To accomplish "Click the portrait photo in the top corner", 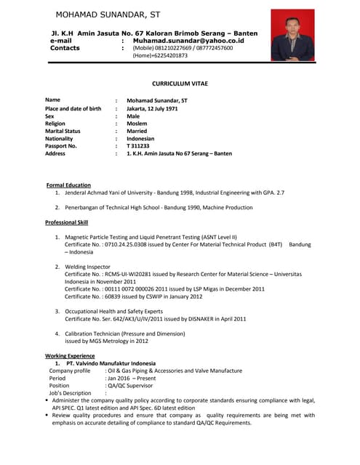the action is pos(292,35).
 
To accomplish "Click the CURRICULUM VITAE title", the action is pos(179,84).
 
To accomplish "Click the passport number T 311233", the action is pos(138,146).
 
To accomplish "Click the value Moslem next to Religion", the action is pos(137,124).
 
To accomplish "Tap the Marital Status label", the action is pos(63,131).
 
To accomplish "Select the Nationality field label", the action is pos(59,138).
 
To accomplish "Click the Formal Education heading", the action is pos(68,185).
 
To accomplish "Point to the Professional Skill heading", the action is pos(71,222).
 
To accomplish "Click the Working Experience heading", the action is pos(70,356).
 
